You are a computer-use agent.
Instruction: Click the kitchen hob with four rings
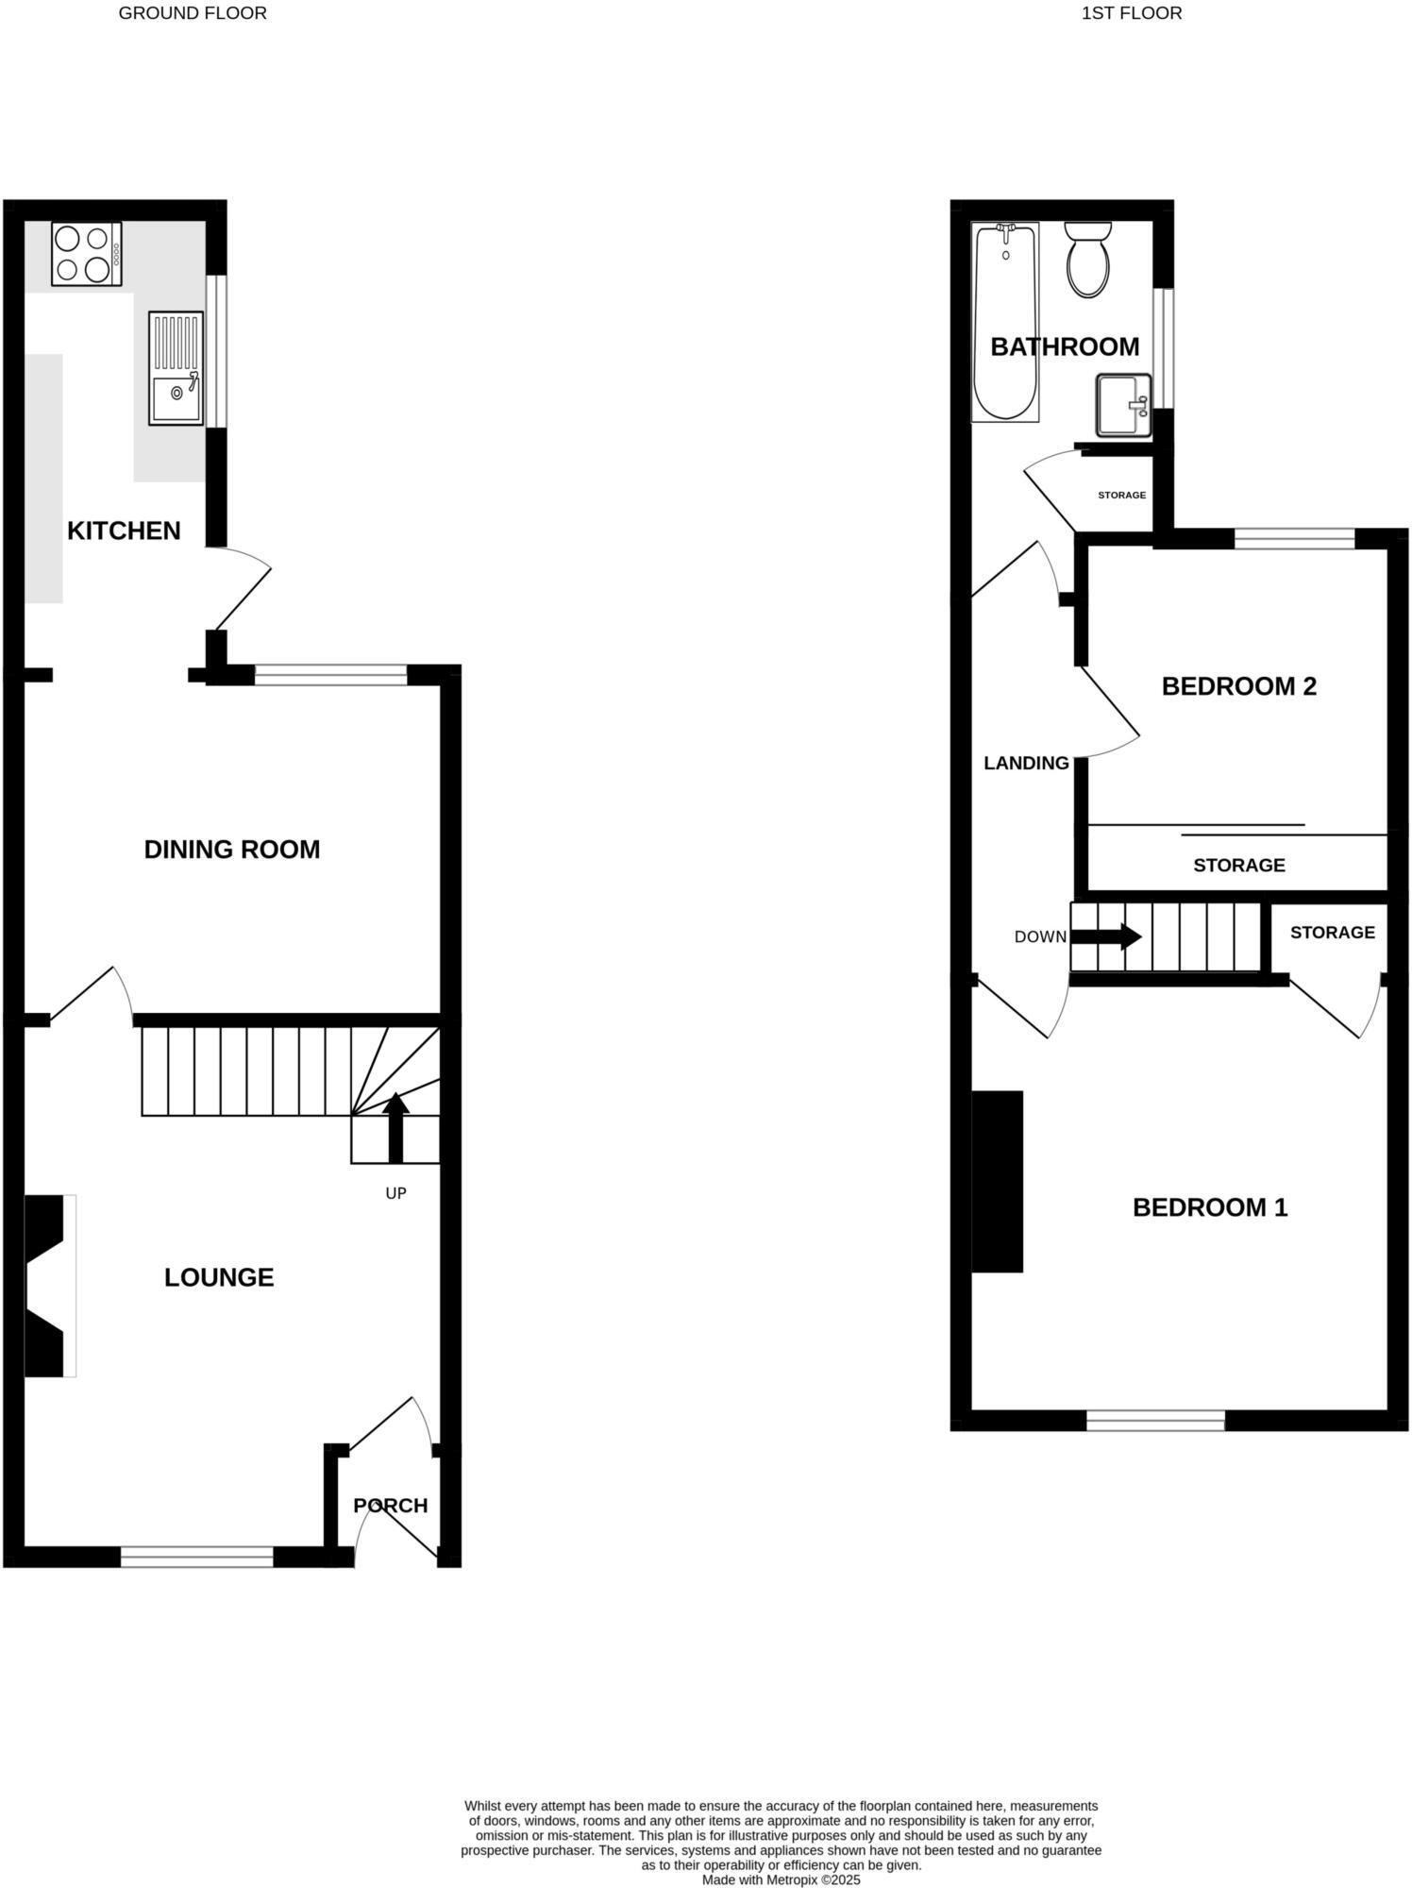pos(87,253)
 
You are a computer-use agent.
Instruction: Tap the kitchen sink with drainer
pos(176,368)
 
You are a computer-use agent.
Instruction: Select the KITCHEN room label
pos(124,531)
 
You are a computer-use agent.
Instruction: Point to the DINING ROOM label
pos(231,850)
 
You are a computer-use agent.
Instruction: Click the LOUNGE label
pos(219,1277)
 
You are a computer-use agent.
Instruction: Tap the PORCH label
pos(390,1505)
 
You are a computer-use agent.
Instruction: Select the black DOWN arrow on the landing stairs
pos(1105,936)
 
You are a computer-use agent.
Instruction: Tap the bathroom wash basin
pos(1123,406)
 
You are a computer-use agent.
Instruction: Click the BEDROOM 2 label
pos(1238,686)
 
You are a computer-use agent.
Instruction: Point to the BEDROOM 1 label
pos(1209,1207)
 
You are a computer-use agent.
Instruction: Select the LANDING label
pos(1026,763)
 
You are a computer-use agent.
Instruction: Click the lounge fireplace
pos(47,1286)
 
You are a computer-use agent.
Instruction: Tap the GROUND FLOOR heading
pos(193,13)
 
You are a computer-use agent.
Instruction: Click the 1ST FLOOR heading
pos(1131,13)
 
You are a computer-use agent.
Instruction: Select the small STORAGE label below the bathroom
pos(1121,495)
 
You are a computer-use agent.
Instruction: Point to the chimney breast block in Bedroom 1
pos(998,1181)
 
